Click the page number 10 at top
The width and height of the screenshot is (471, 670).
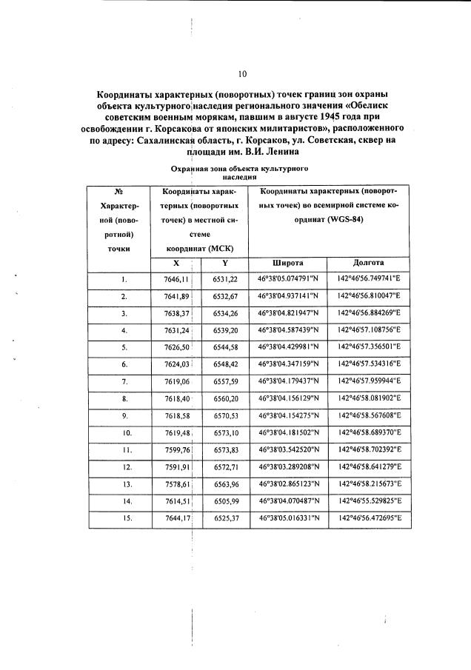(x=241, y=74)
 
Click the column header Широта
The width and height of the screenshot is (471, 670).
(x=288, y=263)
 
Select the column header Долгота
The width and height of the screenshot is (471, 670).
(x=368, y=263)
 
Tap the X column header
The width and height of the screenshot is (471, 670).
(x=176, y=263)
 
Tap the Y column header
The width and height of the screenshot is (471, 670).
(x=224, y=263)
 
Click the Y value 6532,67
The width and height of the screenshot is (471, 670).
(x=224, y=296)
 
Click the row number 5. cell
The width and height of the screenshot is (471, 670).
(x=124, y=346)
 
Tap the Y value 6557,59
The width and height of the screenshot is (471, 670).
(x=224, y=381)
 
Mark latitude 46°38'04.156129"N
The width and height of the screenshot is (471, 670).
(x=288, y=398)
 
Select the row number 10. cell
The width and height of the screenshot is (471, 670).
(x=124, y=432)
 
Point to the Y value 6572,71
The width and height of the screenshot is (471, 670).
(x=224, y=466)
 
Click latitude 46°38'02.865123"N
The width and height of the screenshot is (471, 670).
(x=288, y=483)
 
